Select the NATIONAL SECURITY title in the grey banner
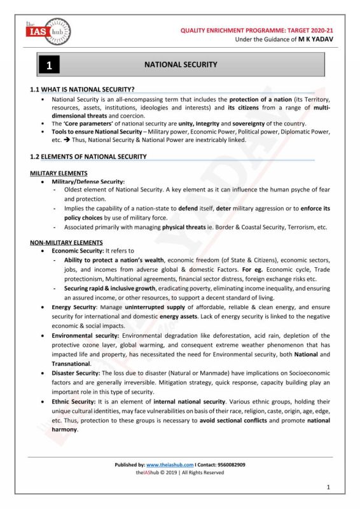(181, 65)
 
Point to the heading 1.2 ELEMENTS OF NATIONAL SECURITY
(88, 157)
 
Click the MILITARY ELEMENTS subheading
(59, 173)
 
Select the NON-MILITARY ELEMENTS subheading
(66, 242)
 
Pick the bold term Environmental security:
(85, 335)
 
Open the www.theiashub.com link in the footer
(170, 465)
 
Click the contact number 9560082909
(230, 465)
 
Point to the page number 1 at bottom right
(328, 487)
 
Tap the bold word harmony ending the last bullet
(65, 429)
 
